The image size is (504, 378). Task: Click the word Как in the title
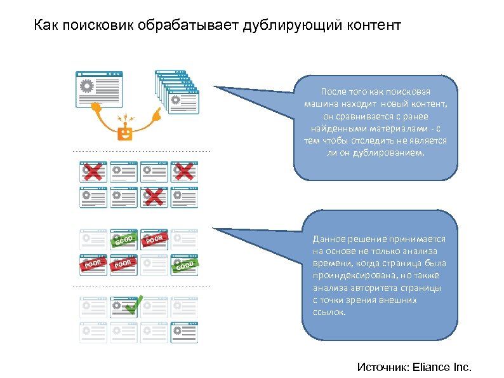click(44, 26)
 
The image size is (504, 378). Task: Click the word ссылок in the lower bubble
click(329, 311)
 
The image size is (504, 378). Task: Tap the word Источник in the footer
click(383, 367)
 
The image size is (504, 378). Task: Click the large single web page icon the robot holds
click(100, 89)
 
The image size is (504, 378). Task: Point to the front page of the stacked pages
click(182, 101)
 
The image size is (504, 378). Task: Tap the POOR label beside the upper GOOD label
click(156, 240)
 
